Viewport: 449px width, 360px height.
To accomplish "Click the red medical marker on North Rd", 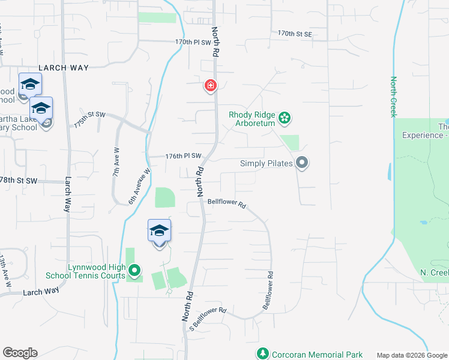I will (x=210, y=86).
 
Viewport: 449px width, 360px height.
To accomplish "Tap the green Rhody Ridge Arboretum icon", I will (x=285, y=118).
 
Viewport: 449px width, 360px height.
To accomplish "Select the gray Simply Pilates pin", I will (x=302, y=163).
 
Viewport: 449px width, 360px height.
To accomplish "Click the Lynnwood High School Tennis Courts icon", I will (x=134, y=271).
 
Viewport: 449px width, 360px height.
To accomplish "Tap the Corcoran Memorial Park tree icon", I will (x=262, y=354).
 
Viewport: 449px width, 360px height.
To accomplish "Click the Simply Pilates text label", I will (x=266, y=163).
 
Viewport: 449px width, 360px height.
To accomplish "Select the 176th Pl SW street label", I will (x=182, y=157).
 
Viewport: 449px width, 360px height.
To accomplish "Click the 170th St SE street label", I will (x=295, y=34).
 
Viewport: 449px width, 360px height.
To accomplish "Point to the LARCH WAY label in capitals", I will (x=63, y=68).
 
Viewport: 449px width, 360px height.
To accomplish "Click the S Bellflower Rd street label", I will (x=207, y=319).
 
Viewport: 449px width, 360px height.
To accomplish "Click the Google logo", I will (x=20, y=353).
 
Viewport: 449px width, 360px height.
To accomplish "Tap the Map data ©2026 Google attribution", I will (x=412, y=355).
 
